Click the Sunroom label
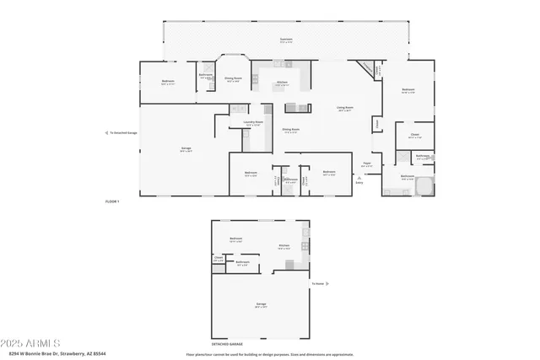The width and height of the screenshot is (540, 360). pyautogui.click(x=286, y=40)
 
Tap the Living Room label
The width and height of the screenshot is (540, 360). pyautogui.click(x=344, y=108)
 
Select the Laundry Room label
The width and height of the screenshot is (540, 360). pyautogui.click(x=253, y=123)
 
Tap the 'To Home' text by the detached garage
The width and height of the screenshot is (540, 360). pyautogui.click(x=317, y=283)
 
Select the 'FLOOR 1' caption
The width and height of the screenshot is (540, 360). pyautogui.click(x=112, y=202)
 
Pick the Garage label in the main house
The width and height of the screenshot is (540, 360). pyautogui.click(x=185, y=149)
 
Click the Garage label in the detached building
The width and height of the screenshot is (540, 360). pyautogui.click(x=261, y=304)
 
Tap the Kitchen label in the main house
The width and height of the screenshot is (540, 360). pyautogui.click(x=283, y=83)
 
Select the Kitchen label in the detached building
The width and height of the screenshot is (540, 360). pyautogui.click(x=284, y=246)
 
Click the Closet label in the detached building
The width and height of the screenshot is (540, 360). pyautogui.click(x=219, y=259)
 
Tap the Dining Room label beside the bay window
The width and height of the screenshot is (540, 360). pyautogui.click(x=233, y=79)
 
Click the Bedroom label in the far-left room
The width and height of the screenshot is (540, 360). pyautogui.click(x=168, y=82)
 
